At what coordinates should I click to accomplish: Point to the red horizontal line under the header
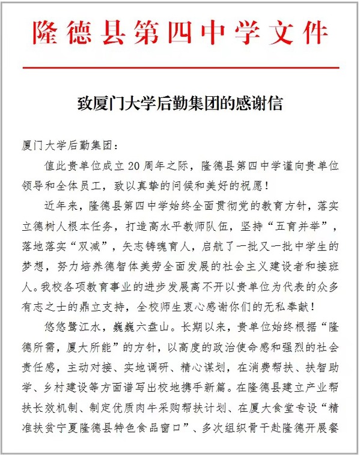[180, 68]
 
